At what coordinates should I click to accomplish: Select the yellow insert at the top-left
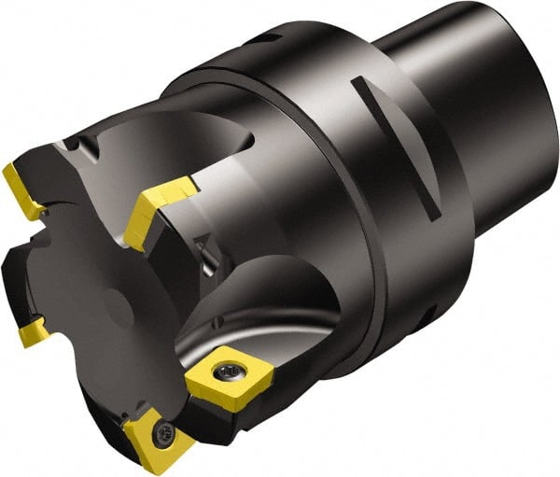[24, 190]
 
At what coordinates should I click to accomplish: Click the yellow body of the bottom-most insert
[145, 443]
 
